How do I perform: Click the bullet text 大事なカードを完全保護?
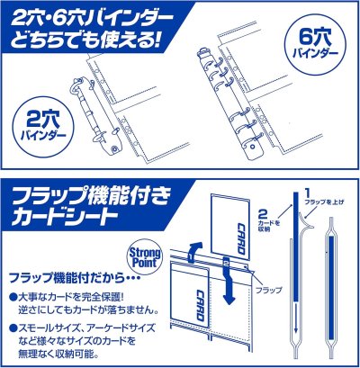point(76,295)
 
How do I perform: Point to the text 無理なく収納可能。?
point(59,355)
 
